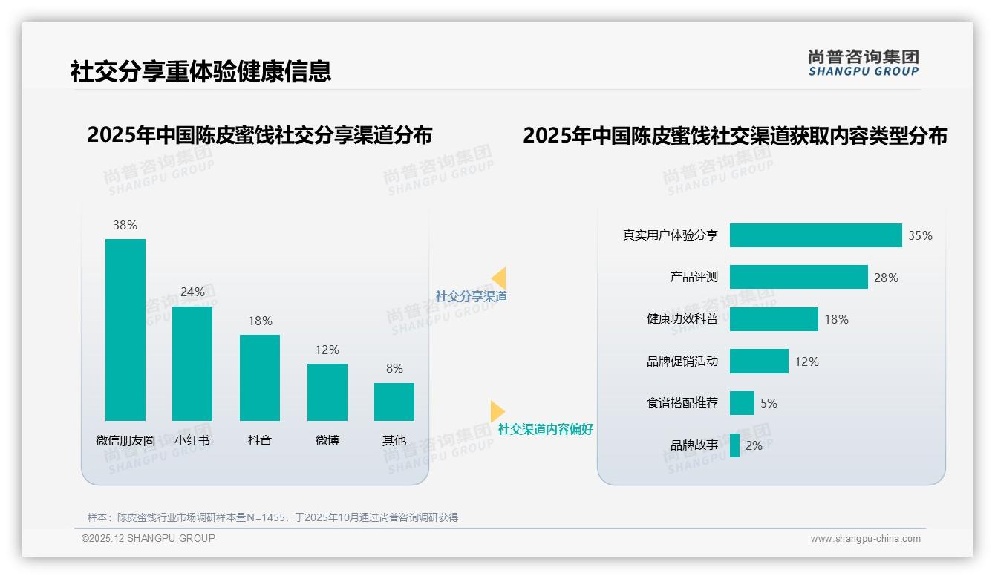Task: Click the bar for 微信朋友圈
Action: tap(125, 330)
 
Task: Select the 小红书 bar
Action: tap(192, 364)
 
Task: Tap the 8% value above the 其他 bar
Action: tap(394, 368)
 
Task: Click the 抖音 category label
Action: tap(260, 440)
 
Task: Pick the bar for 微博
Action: tap(327, 392)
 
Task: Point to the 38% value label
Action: tap(125, 225)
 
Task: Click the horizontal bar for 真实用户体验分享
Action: tap(815, 235)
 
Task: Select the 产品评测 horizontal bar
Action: tap(798, 277)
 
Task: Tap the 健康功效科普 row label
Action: tap(682, 319)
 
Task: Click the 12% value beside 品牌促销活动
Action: tap(806, 362)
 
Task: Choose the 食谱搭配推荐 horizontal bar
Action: tap(742, 403)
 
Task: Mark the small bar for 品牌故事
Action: tap(734, 445)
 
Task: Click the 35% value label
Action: tap(920, 235)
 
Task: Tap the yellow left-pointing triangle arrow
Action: tap(499, 278)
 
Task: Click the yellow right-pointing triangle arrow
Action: tap(497, 411)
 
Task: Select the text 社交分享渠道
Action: tap(471, 296)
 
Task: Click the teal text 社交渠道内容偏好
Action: tap(545, 429)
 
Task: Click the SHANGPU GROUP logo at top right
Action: tap(863, 63)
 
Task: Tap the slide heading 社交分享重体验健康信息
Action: tap(200, 71)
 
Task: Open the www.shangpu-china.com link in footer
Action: tap(865, 539)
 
